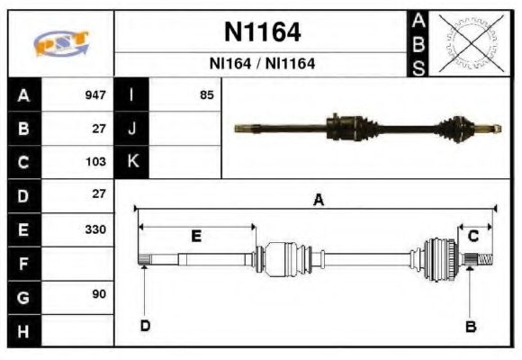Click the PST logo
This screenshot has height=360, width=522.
(60, 44)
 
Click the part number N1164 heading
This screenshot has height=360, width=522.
(261, 32)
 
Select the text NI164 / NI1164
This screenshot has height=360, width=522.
(261, 65)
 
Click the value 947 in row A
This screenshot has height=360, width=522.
(94, 94)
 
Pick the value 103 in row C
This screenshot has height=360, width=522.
(94, 162)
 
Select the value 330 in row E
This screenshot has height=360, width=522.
(94, 229)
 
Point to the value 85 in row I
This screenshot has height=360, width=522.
(206, 94)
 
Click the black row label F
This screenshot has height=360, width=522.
(24, 264)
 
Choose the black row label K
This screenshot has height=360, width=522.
(132, 162)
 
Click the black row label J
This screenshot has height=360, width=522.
(132, 129)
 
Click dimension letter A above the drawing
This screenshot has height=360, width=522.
(317, 201)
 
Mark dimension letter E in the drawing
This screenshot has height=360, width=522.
(196, 236)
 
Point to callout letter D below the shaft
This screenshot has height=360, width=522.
(144, 326)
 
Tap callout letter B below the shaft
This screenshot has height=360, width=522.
(470, 326)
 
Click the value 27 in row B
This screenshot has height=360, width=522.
(98, 129)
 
